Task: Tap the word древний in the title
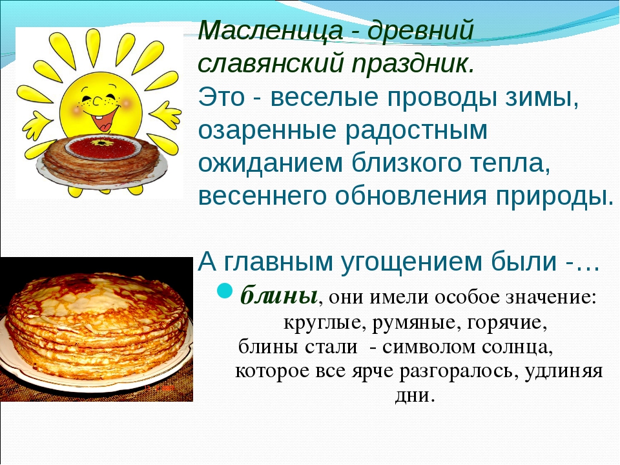click(x=420, y=31)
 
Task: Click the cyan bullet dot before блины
click(x=226, y=291)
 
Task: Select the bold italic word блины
click(x=279, y=296)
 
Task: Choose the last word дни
click(x=415, y=396)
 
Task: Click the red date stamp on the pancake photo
click(x=160, y=388)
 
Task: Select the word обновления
click(x=411, y=196)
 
